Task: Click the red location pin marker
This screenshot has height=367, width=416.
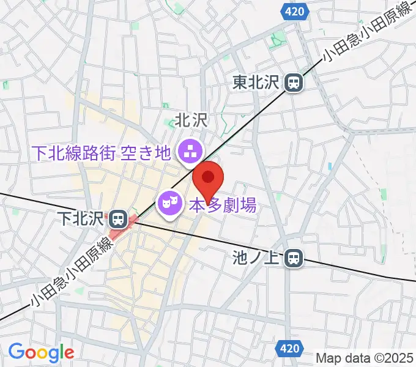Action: click(x=208, y=178)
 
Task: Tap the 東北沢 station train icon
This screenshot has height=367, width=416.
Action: click(x=295, y=81)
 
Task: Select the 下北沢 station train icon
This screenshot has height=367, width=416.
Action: click(x=117, y=218)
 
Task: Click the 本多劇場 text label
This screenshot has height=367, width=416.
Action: click(x=222, y=204)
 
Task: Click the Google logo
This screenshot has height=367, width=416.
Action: click(x=41, y=352)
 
